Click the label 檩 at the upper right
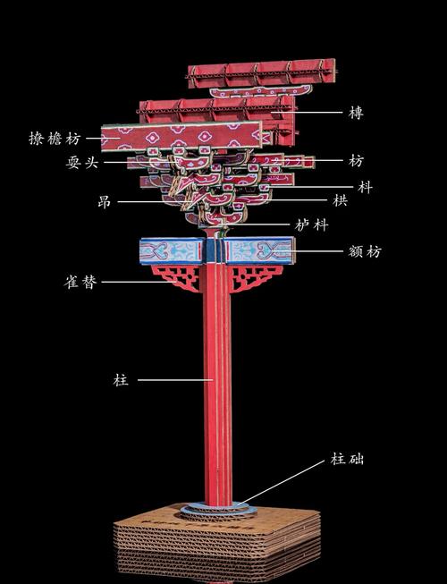[x=356, y=113]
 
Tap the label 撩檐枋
[x=55, y=139]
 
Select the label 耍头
[x=82, y=162]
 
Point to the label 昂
[x=105, y=202]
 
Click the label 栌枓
[x=312, y=225]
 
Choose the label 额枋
[x=365, y=251]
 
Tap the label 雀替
[x=80, y=282]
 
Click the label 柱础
[x=347, y=459]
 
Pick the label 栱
[x=340, y=200]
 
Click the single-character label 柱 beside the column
[x=121, y=380]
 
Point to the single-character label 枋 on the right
[x=356, y=160]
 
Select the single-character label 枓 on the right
[x=365, y=187]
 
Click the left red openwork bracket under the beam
[x=179, y=276]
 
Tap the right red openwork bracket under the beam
[x=253, y=276]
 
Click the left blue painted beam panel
[x=172, y=250]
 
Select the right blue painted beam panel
[x=259, y=250]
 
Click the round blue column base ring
[x=218, y=508]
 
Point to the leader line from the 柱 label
[x=175, y=380]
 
